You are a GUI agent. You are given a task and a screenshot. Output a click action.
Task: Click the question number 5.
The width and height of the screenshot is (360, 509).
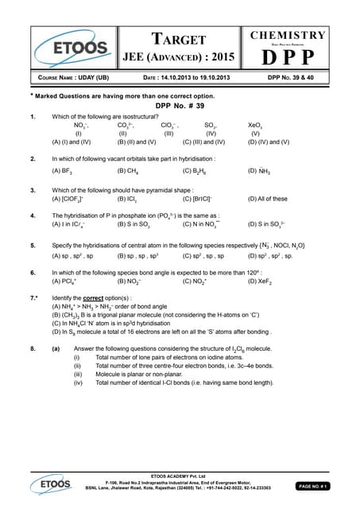click(32, 246)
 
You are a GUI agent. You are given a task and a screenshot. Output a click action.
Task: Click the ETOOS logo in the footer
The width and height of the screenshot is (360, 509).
click(49, 483)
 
